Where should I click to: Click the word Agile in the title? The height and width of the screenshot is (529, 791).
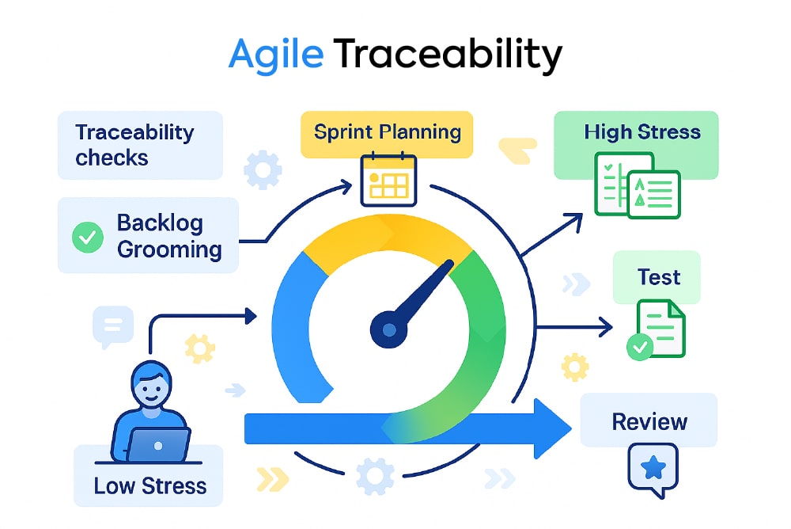point(276,55)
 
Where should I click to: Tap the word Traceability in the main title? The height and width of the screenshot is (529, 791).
point(448,54)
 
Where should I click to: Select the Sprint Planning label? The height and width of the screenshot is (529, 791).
point(388,132)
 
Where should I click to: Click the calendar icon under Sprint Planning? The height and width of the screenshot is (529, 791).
point(388,179)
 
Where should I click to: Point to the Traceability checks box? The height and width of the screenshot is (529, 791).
point(140,145)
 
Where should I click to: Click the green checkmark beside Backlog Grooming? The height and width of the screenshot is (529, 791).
point(88,237)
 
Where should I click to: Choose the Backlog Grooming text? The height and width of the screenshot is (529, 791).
point(169,236)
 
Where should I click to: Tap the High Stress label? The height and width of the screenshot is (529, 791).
point(642,132)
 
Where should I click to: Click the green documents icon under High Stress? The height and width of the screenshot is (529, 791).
point(638,185)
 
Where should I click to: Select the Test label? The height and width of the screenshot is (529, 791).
point(659,277)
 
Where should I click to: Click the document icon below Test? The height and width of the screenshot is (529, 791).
point(657,329)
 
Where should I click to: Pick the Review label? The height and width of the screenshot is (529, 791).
point(649,421)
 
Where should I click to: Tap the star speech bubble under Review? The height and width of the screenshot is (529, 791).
point(653,470)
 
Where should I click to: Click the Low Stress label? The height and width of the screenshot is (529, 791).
point(149,485)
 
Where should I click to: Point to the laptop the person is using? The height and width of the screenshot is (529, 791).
point(158,444)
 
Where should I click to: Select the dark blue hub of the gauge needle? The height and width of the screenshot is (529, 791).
point(388,329)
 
